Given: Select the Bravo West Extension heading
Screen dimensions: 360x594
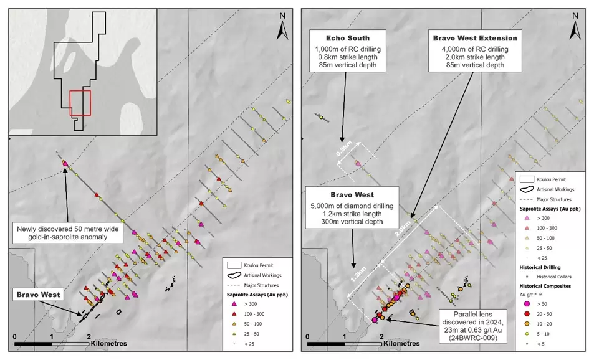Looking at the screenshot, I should click(475, 38).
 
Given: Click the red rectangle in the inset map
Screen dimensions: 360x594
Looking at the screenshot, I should click(80, 103).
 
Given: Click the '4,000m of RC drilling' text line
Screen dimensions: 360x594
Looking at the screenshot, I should click(475, 48).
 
